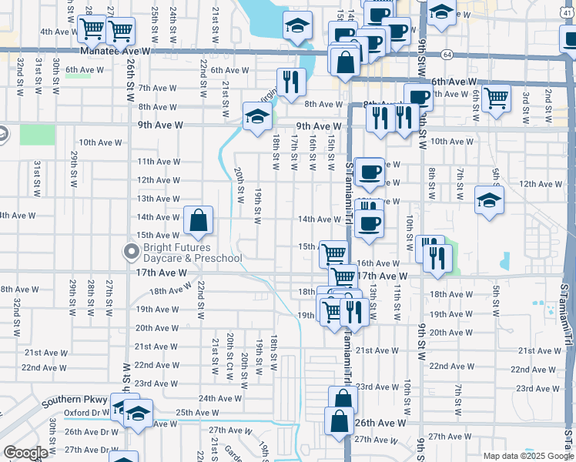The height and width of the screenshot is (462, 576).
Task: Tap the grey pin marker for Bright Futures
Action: tap(131, 251)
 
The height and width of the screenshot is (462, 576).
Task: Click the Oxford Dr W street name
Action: tap(87, 412)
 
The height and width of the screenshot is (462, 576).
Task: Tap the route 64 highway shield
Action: tap(447, 55)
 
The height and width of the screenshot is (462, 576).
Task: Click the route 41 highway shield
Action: tap(568, 3)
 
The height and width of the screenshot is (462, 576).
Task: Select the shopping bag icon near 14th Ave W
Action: tap(198, 221)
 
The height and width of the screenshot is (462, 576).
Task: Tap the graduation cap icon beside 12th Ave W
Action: tap(489, 201)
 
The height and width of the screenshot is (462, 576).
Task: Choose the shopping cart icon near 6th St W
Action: tap(496, 99)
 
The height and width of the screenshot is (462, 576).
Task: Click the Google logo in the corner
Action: tap(25, 453)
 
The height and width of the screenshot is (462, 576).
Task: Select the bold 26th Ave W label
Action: tap(380, 423)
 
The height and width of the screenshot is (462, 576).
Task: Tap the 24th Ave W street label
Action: tap(217, 399)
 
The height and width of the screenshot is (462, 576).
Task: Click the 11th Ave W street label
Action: tap(158, 162)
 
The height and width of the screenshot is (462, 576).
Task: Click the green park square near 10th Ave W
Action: tap(38, 134)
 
